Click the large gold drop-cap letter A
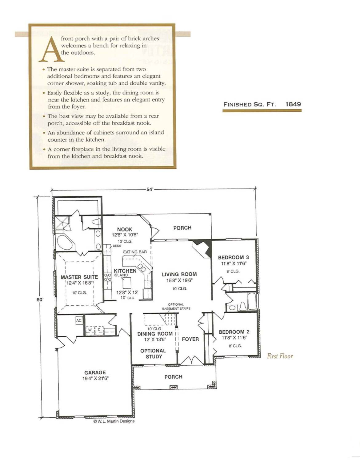(51, 49)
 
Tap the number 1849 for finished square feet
(293, 104)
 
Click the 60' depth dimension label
(40, 300)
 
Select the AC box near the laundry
(79, 320)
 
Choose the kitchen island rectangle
(127, 283)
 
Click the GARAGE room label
(95, 373)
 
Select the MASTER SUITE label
(79, 277)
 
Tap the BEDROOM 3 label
(233, 257)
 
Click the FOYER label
(190, 339)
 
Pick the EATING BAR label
(135, 252)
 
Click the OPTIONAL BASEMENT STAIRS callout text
(176, 307)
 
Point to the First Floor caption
(280, 356)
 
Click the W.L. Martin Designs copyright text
(114, 421)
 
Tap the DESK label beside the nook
(117, 246)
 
